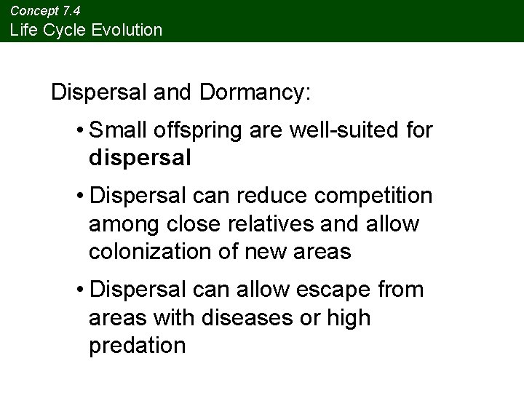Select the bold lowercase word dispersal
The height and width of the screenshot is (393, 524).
140,158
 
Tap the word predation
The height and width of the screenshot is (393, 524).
138,346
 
